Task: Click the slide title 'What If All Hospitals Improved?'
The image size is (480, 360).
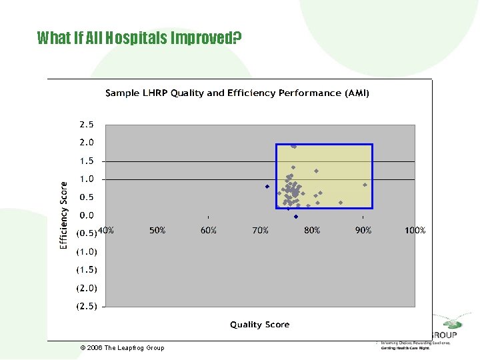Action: point(139,38)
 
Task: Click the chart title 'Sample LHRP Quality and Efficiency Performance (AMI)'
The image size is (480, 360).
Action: point(237,93)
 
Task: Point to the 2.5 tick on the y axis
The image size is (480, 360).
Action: point(87,125)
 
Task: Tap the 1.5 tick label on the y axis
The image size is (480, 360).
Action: point(87,161)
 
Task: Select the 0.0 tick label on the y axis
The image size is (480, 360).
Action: point(87,216)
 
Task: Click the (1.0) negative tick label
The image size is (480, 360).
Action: point(87,252)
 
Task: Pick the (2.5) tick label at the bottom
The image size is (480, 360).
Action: point(87,307)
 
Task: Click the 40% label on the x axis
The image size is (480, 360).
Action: point(106,231)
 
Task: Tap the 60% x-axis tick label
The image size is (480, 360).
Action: point(209,231)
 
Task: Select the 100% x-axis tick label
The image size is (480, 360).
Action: point(415,231)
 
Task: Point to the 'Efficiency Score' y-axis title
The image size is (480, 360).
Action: point(64,215)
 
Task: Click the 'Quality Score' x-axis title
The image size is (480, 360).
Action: point(260,325)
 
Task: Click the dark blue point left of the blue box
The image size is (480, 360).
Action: point(267,187)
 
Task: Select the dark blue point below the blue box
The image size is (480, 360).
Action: point(296,217)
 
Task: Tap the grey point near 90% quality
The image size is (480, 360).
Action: point(365,185)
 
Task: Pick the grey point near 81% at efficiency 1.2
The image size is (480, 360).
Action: point(317,171)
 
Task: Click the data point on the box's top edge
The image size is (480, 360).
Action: point(293,145)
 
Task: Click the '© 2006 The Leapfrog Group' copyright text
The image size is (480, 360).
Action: point(122,348)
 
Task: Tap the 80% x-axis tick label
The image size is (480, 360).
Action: point(312,231)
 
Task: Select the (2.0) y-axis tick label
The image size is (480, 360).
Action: point(87,289)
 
